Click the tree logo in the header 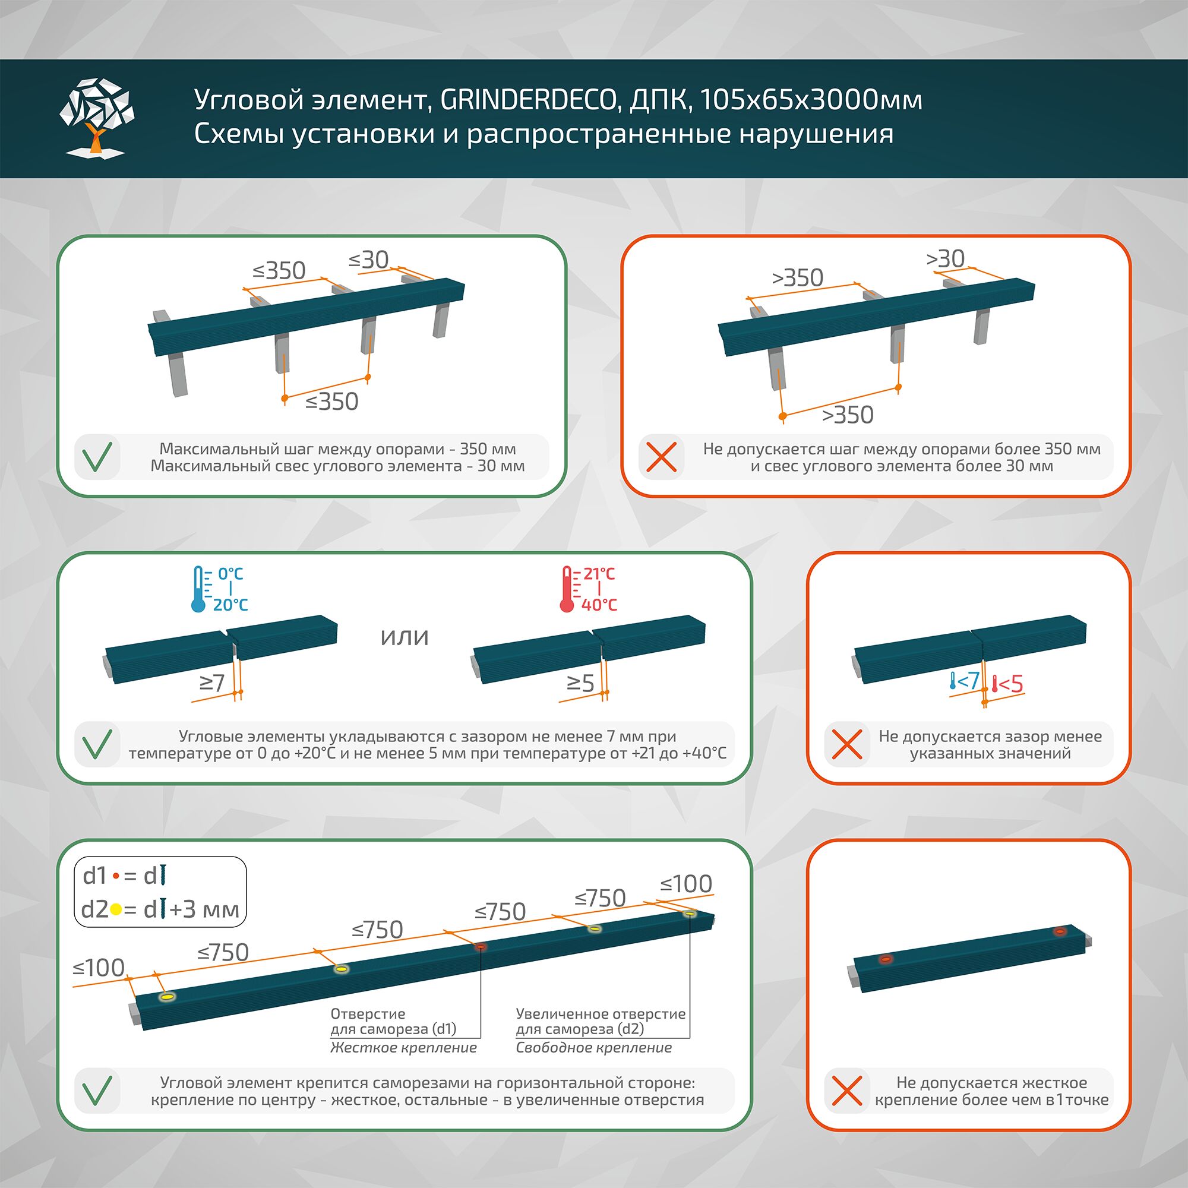tap(97, 116)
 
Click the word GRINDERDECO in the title tap(528, 100)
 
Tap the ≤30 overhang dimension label tap(369, 260)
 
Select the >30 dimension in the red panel tap(945, 259)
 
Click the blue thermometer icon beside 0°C tap(198, 589)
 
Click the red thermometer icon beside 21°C tap(567, 589)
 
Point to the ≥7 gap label tap(212, 683)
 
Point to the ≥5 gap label tap(580, 683)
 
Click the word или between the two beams tap(404, 636)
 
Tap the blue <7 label tap(967, 680)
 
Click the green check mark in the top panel tap(97, 457)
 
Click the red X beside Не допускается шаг tap(662, 457)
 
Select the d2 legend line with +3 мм tap(160, 909)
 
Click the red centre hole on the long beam tap(481, 946)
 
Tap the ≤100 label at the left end tap(99, 968)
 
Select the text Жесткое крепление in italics tap(403, 1048)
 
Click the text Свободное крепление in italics tap(593, 1048)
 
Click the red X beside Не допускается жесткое tap(846, 1091)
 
